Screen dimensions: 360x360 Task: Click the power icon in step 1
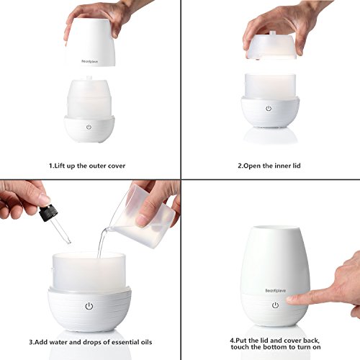[x=89, y=127]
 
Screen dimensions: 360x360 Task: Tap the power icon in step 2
[x=269, y=109]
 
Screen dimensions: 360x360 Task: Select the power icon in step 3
[x=89, y=306]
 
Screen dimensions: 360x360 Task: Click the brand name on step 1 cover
[x=89, y=61]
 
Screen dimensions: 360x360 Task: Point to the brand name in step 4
[x=276, y=291]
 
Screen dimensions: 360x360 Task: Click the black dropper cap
[x=47, y=212]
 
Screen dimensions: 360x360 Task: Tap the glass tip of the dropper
[x=69, y=242]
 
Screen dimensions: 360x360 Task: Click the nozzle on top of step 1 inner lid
[x=89, y=78]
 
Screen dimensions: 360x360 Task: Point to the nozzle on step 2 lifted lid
[x=272, y=33]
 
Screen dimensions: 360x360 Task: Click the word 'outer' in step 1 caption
[x=97, y=166]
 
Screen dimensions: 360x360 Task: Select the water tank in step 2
[x=270, y=86]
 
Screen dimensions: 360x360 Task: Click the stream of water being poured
[x=102, y=243]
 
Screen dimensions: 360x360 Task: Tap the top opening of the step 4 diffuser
[x=275, y=228]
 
